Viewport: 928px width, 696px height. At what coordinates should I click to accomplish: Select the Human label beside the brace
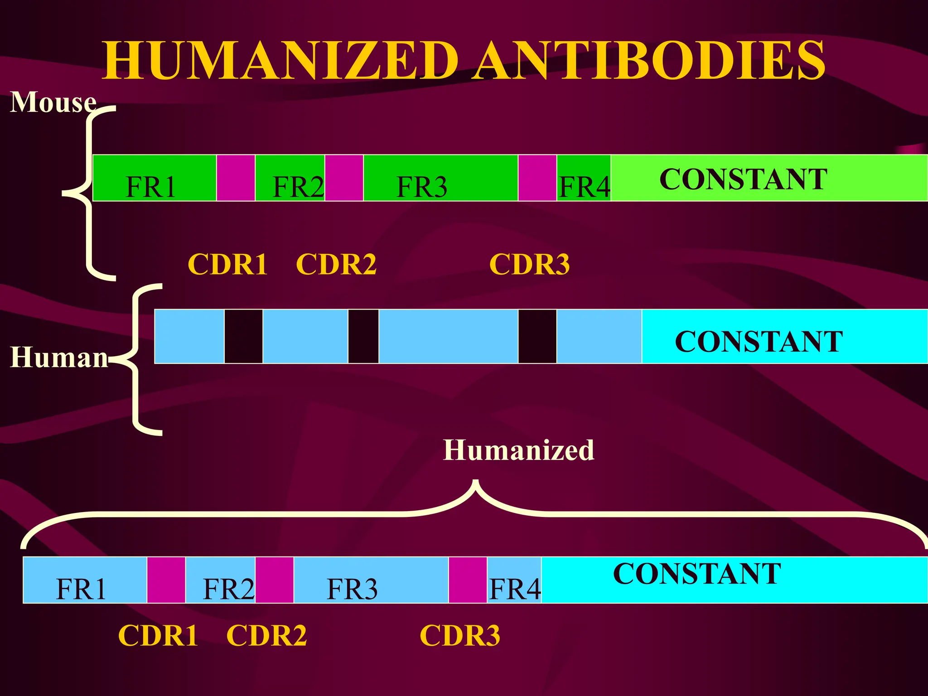click(x=59, y=357)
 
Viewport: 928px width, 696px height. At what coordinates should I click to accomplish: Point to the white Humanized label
click(x=518, y=450)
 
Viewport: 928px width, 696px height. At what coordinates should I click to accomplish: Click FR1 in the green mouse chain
click(x=150, y=187)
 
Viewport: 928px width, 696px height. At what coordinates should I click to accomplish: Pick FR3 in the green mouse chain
click(x=422, y=187)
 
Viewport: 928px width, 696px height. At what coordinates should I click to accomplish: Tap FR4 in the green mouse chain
click(x=585, y=187)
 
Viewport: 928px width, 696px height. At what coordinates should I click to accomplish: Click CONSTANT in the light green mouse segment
click(x=743, y=179)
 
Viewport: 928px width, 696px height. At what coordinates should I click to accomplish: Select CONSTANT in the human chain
click(x=759, y=341)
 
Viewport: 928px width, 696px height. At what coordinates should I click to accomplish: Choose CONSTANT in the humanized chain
click(x=697, y=574)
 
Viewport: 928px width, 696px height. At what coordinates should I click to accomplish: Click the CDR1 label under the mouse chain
click(x=227, y=264)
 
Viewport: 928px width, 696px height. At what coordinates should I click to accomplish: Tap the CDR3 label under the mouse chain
click(x=529, y=264)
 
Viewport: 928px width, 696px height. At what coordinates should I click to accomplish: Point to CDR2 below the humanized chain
click(x=266, y=635)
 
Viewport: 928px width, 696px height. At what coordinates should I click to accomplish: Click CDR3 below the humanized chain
click(x=460, y=635)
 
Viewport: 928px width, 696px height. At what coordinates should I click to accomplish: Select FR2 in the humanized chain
click(x=228, y=589)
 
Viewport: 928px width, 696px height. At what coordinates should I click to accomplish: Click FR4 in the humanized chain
click(x=515, y=589)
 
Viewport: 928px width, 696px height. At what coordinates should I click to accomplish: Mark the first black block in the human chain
click(x=243, y=336)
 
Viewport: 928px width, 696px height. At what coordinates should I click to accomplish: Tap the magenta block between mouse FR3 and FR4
click(x=537, y=178)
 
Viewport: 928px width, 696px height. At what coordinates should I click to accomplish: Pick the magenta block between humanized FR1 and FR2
click(x=166, y=580)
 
